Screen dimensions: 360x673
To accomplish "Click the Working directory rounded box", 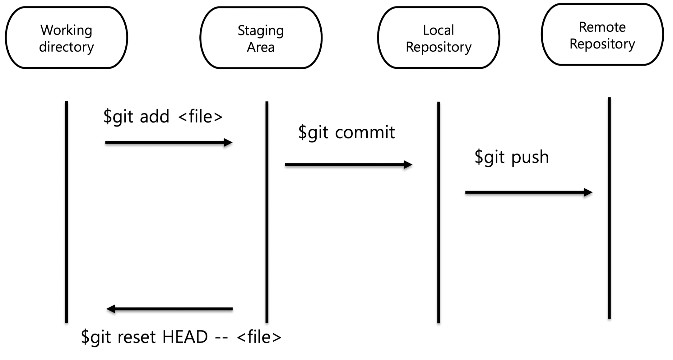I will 66,38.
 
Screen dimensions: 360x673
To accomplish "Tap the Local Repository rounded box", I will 439,38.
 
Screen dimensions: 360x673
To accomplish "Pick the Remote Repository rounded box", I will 602,35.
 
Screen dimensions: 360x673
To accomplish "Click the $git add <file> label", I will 163,117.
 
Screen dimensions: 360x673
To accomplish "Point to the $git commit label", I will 346,132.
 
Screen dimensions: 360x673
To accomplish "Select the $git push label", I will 512,157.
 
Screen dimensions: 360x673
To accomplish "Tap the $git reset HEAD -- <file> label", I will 181,337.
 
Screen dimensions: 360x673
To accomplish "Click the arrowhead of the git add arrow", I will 229,143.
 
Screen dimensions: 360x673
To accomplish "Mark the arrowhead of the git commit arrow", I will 409,165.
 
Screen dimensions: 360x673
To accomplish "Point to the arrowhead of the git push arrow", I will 589,192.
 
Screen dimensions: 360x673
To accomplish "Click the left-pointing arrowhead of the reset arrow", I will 110,309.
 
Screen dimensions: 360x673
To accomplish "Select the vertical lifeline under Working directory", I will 66,211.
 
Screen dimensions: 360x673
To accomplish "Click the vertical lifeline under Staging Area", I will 267,211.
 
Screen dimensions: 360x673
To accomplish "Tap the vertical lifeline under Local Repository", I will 439,211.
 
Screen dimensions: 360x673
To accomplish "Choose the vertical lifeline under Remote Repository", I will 609,208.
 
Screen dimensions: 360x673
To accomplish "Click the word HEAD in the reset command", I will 185,337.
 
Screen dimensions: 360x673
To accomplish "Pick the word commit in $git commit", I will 365,132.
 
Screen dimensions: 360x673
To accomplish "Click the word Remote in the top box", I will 602,27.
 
